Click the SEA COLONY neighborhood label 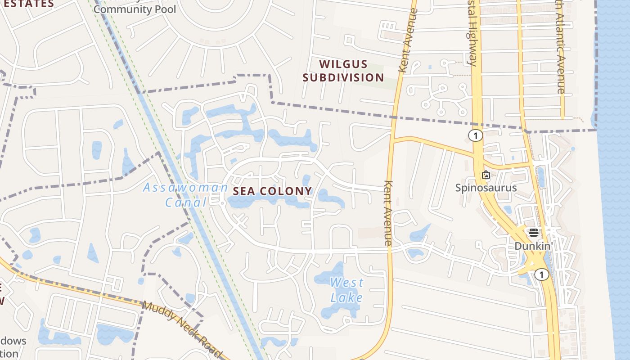pyautogui.click(x=272, y=191)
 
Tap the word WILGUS pyautogui.click(x=344, y=64)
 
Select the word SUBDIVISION pyautogui.click(x=343, y=77)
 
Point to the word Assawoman pyautogui.click(x=185, y=188)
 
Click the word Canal pyautogui.click(x=185, y=202)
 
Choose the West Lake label pyautogui.click(x=346, y=290)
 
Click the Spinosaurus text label pyautogui.click(x=486, y=188)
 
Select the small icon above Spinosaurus pyautogui.click(x=486, y=175)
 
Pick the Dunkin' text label pyautogui.click(x=533, y=246)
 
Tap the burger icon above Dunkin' pyautogui.click(x=534, y=233)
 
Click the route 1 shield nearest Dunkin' pyautogui.click(x=542, y=274)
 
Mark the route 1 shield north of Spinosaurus pyautogui.click(x=475, y=135)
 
